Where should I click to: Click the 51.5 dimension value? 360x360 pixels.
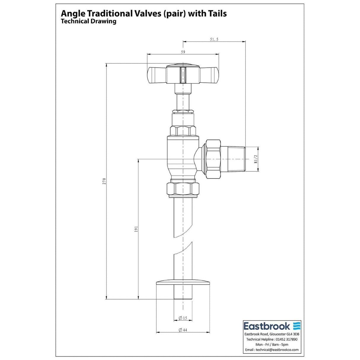pos(214,39)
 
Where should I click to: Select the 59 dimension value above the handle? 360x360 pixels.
pos(183,52)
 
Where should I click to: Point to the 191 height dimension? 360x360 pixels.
pos(136,229)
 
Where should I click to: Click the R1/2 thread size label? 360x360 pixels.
pos(256,159)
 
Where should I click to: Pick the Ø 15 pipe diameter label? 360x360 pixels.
pos(183,318)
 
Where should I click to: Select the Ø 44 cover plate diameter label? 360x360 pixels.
pos(183,330)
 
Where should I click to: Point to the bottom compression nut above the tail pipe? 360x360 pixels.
pos(183,190)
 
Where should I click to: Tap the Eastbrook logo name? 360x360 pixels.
pos(267,326)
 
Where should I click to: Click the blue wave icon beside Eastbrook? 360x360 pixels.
pos(297,326)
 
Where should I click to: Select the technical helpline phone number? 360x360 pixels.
pos(286,340)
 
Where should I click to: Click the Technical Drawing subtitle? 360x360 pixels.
pos(88,21)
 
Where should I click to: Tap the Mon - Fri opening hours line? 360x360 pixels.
pos(272,345)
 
